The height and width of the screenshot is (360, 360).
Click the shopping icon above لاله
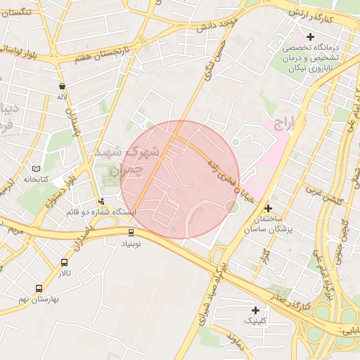tap(63, 86)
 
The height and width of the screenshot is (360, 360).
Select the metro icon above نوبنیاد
tap(131, 233)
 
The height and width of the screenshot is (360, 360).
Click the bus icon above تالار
tap(65, 263)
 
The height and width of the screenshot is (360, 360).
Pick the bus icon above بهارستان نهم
tap(39, 288)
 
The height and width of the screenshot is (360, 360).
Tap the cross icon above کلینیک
tap(255, 310)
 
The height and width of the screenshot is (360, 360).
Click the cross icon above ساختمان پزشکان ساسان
tap(268, 208)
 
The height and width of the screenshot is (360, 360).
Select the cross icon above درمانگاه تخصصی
tap(310, 37)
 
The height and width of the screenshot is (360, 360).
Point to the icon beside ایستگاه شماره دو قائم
tap(101, 201)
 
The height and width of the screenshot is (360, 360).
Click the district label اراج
tap(282, 126)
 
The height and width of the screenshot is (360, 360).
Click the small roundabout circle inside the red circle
tap(231, 206)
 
